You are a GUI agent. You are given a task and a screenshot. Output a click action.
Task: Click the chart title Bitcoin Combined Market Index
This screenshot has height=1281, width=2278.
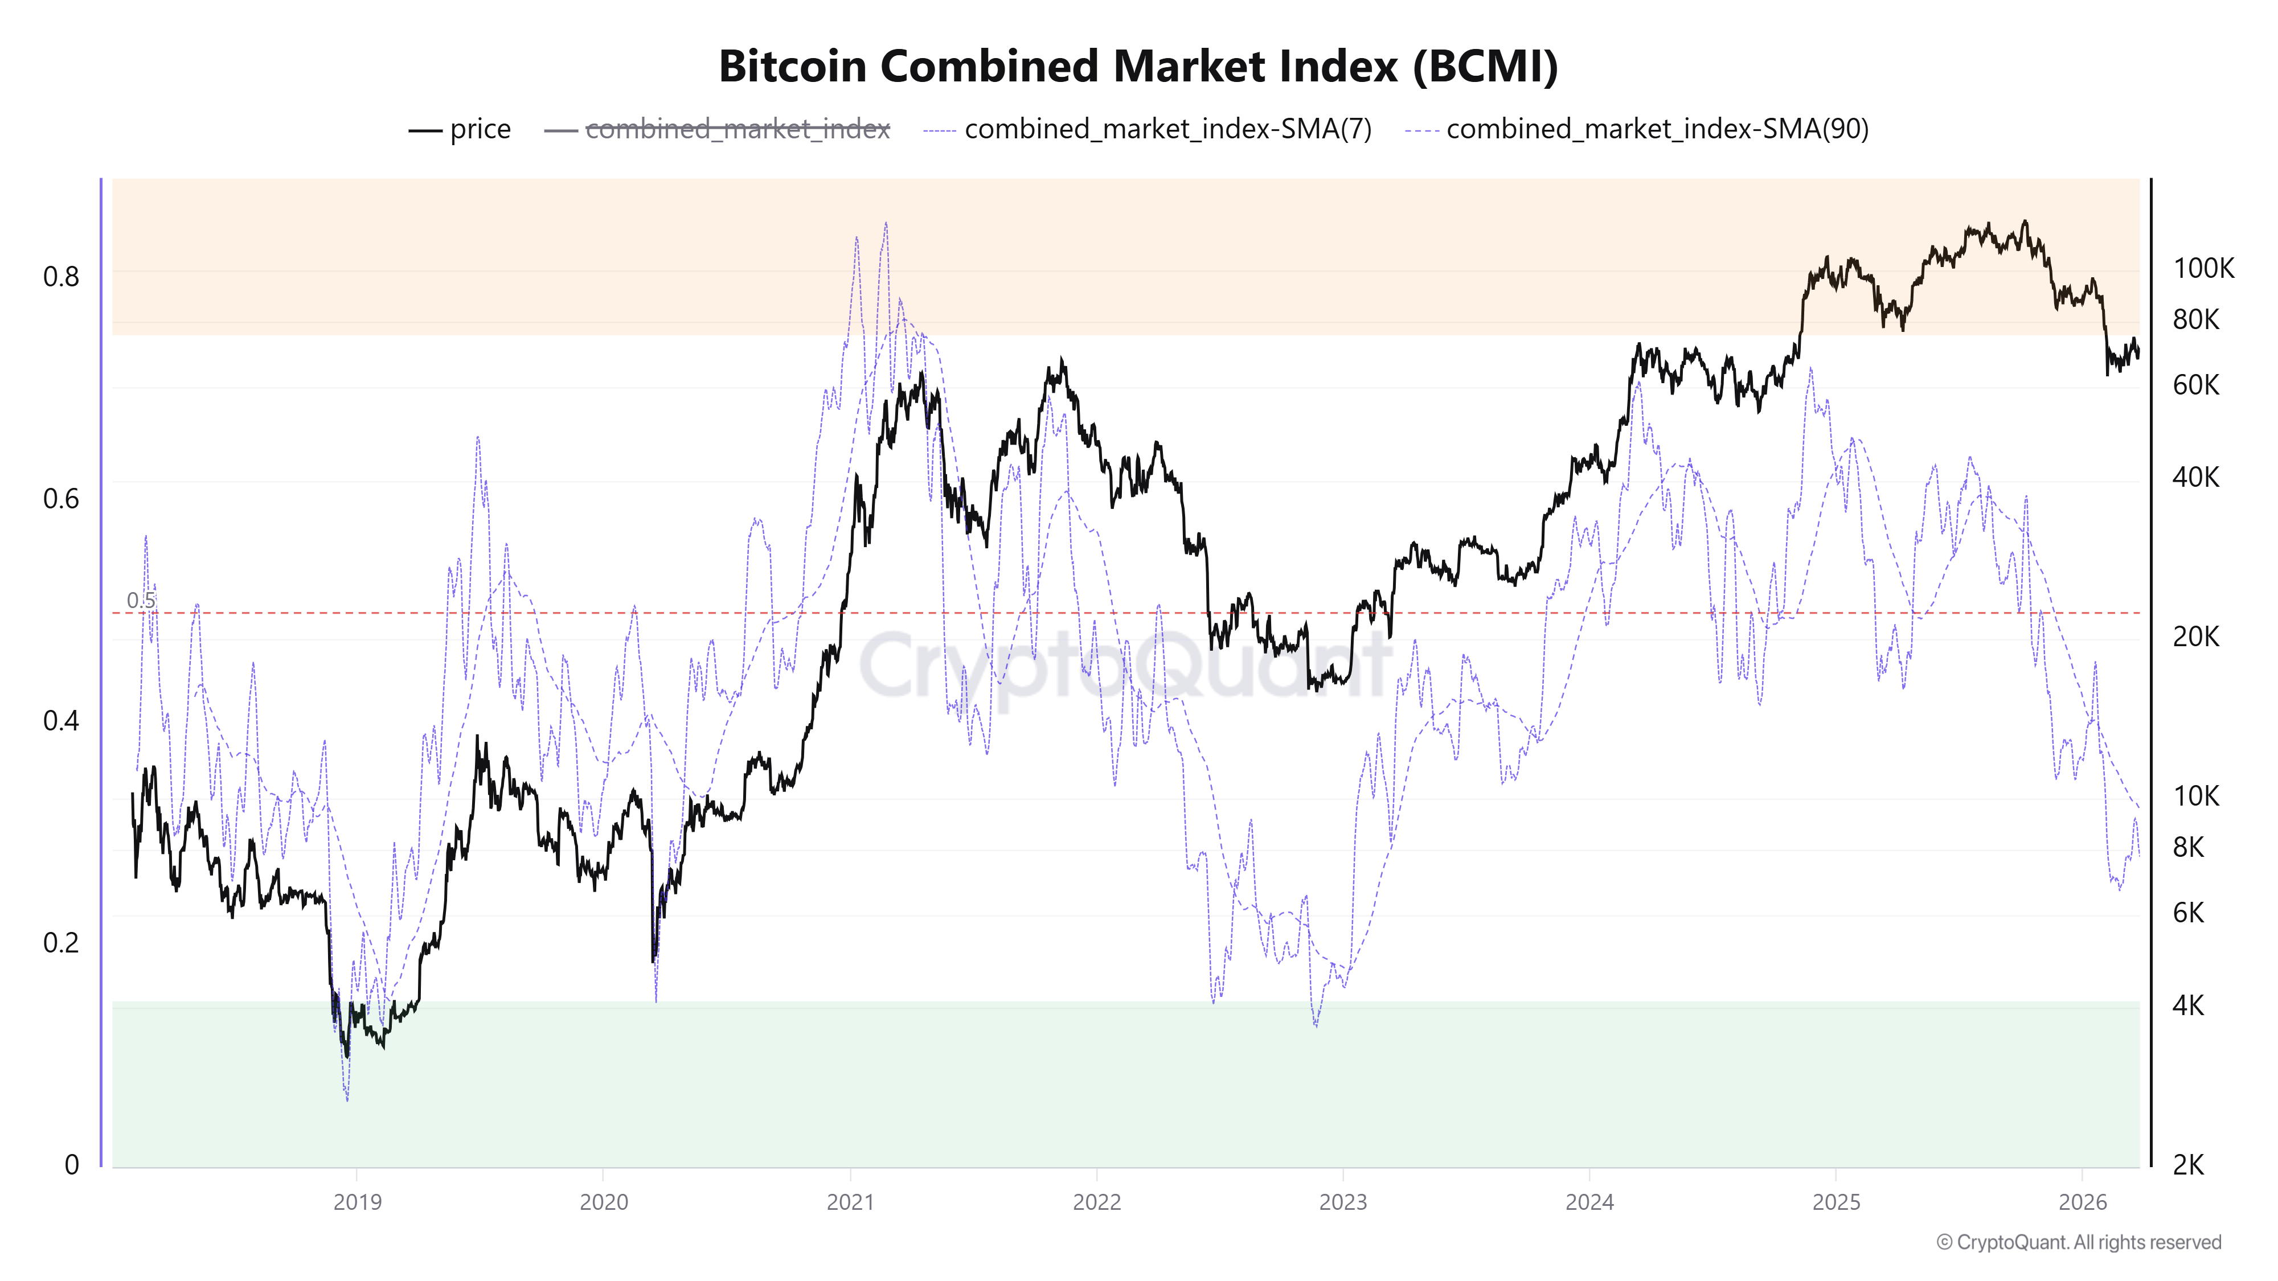[x=1138, y=66]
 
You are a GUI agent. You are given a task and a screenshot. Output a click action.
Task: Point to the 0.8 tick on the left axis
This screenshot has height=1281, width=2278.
[x=61, y=277]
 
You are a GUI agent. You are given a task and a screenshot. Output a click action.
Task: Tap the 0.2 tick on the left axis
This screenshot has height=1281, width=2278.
[x=61, y=942]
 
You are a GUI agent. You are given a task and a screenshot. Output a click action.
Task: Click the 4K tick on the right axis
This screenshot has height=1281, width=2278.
[x=2189, y=1005]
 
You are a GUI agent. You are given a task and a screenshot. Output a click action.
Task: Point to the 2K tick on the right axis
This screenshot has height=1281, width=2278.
[x=2189, y=1165]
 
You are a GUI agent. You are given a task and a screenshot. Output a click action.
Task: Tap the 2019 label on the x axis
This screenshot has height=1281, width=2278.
[x=357, y=1202]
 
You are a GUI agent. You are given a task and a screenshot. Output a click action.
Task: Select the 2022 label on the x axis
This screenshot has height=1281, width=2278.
[x=1096, y=1202]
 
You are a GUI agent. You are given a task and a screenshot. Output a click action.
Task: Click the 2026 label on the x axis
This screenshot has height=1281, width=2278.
[x=2083, y=1202]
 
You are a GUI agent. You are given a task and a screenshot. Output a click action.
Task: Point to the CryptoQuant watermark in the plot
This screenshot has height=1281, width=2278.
[x=1123, y=665]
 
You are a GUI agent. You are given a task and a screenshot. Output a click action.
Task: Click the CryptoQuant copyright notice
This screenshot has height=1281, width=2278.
[x=2078, y=1242]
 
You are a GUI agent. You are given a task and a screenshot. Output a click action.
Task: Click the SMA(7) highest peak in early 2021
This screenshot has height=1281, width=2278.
[x=886, y=224]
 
